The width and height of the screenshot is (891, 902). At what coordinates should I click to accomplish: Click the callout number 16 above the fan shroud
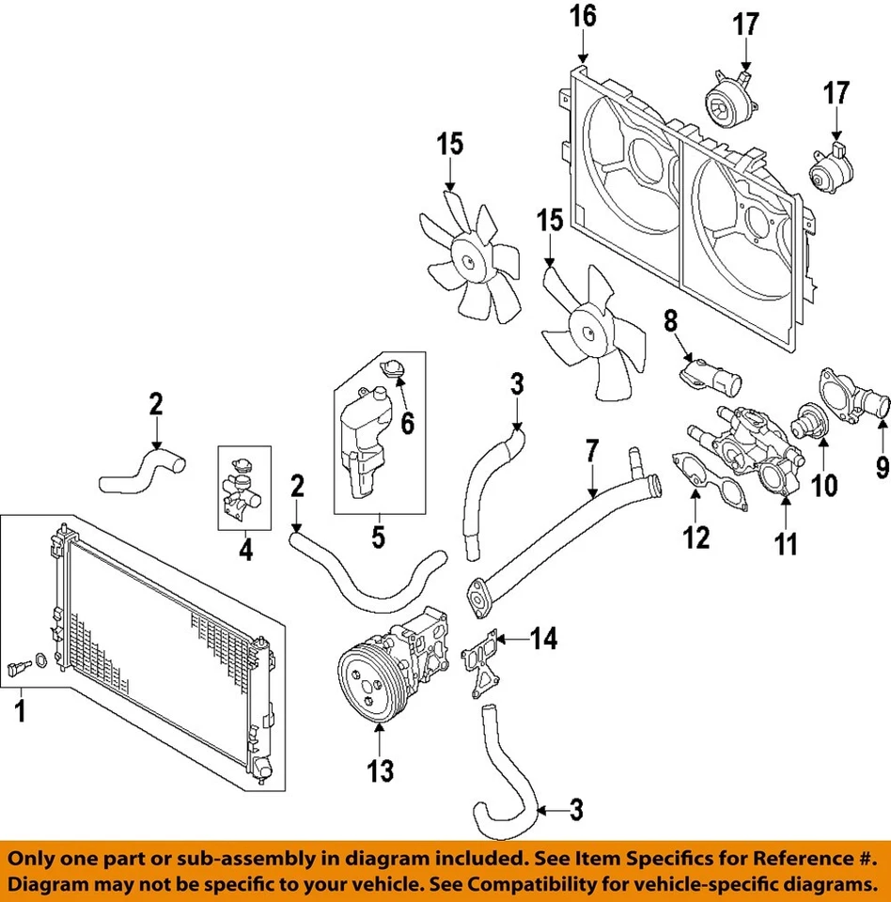(x=584, y=17)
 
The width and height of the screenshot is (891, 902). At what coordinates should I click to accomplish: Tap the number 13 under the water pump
(x=381, y=770)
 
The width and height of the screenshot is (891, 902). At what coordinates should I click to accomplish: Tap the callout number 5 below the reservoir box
(x=380, y=537)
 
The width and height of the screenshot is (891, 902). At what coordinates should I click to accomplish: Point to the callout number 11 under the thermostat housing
(x=785, y=542)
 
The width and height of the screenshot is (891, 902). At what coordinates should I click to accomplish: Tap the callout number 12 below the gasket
(x=696, y=537)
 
